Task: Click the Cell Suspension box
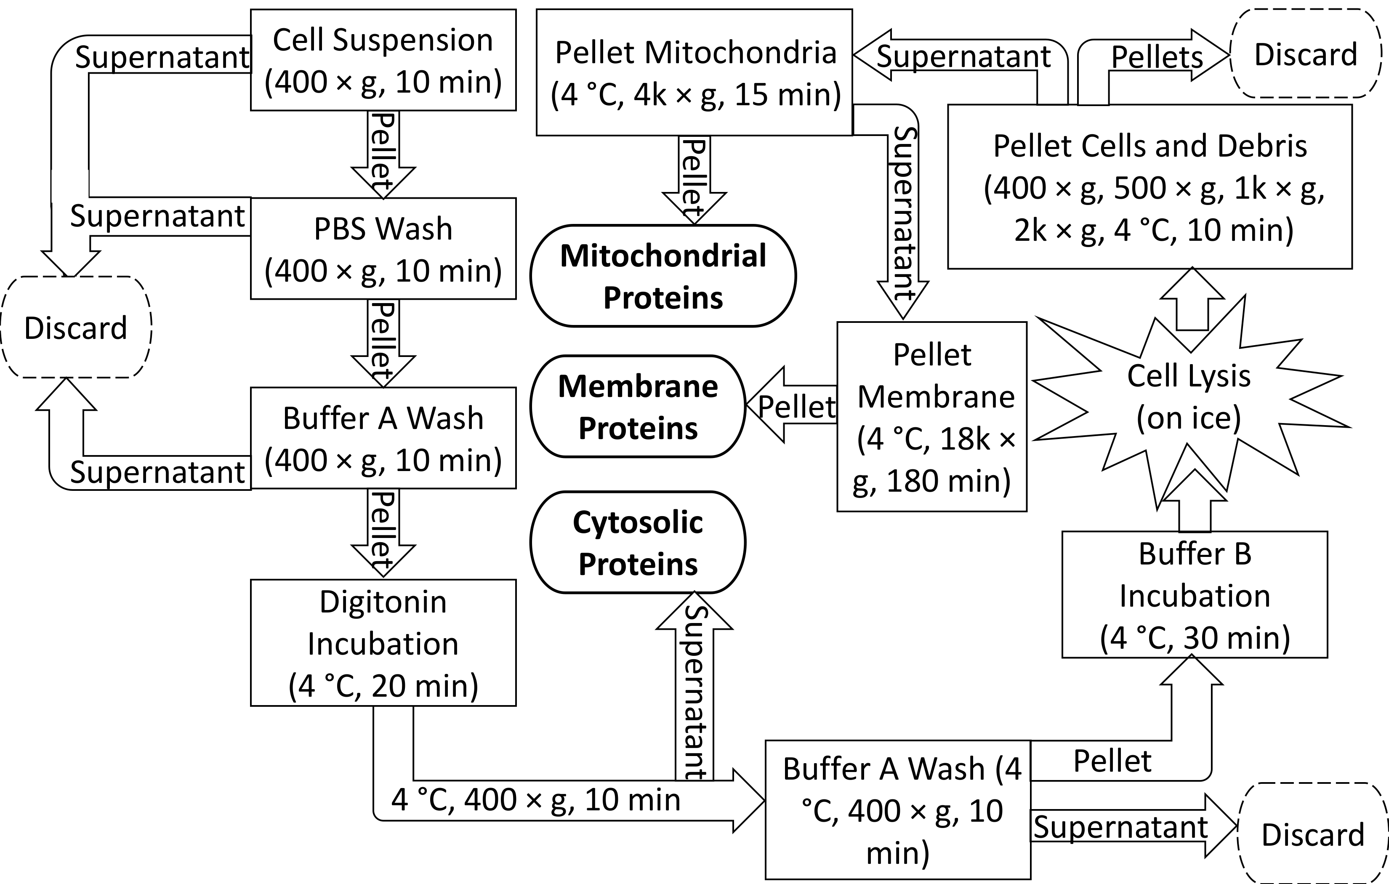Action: (x=383, y=60)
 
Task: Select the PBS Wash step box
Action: (x=383, y=249)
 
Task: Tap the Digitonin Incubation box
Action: (x=383, y=643)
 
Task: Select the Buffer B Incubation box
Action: (x=1194, y=595)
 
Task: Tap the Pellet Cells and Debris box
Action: (x=1150, y=187)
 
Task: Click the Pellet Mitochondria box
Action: (x=694, y=73)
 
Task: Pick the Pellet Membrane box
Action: (x=931, y=417)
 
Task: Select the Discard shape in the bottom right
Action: (x=1312, y=834)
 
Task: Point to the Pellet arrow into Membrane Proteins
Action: (x=793, y=406)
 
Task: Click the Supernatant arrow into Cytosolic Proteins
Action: (x=694, y=690)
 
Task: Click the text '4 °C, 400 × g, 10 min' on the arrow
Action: (x=535, y=800)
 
